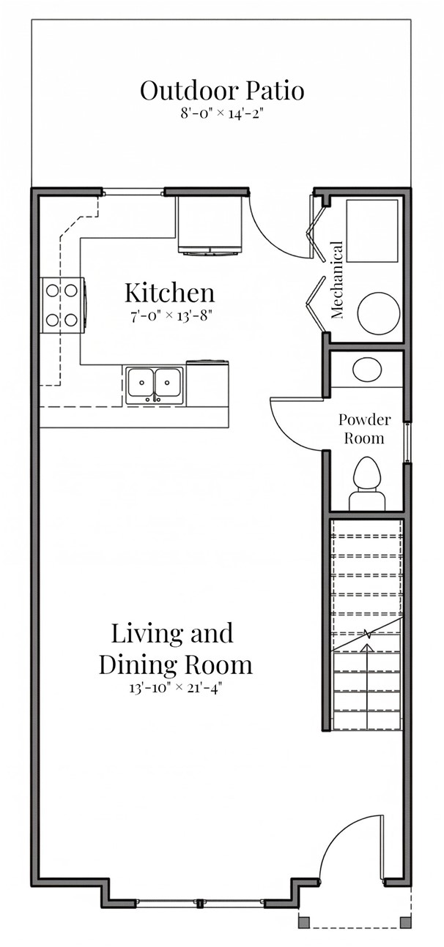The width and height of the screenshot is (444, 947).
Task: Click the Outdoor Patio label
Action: click(222, 91)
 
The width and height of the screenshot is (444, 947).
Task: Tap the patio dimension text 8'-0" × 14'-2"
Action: click(222, 113)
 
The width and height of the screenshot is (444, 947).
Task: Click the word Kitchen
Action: click(169, 293)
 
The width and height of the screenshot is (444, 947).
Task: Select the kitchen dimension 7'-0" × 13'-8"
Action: click(169, 316)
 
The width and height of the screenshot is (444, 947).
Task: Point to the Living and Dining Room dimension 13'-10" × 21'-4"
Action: click(175, 688)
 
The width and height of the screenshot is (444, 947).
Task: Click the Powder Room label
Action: click(364, 429)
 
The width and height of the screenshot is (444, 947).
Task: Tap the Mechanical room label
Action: click(337, 281)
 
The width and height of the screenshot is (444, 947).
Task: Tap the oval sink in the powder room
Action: click(366, 370)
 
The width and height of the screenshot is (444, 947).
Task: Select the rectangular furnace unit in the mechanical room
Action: click(371, 230)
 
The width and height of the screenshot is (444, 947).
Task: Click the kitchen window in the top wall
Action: click(132, 193)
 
